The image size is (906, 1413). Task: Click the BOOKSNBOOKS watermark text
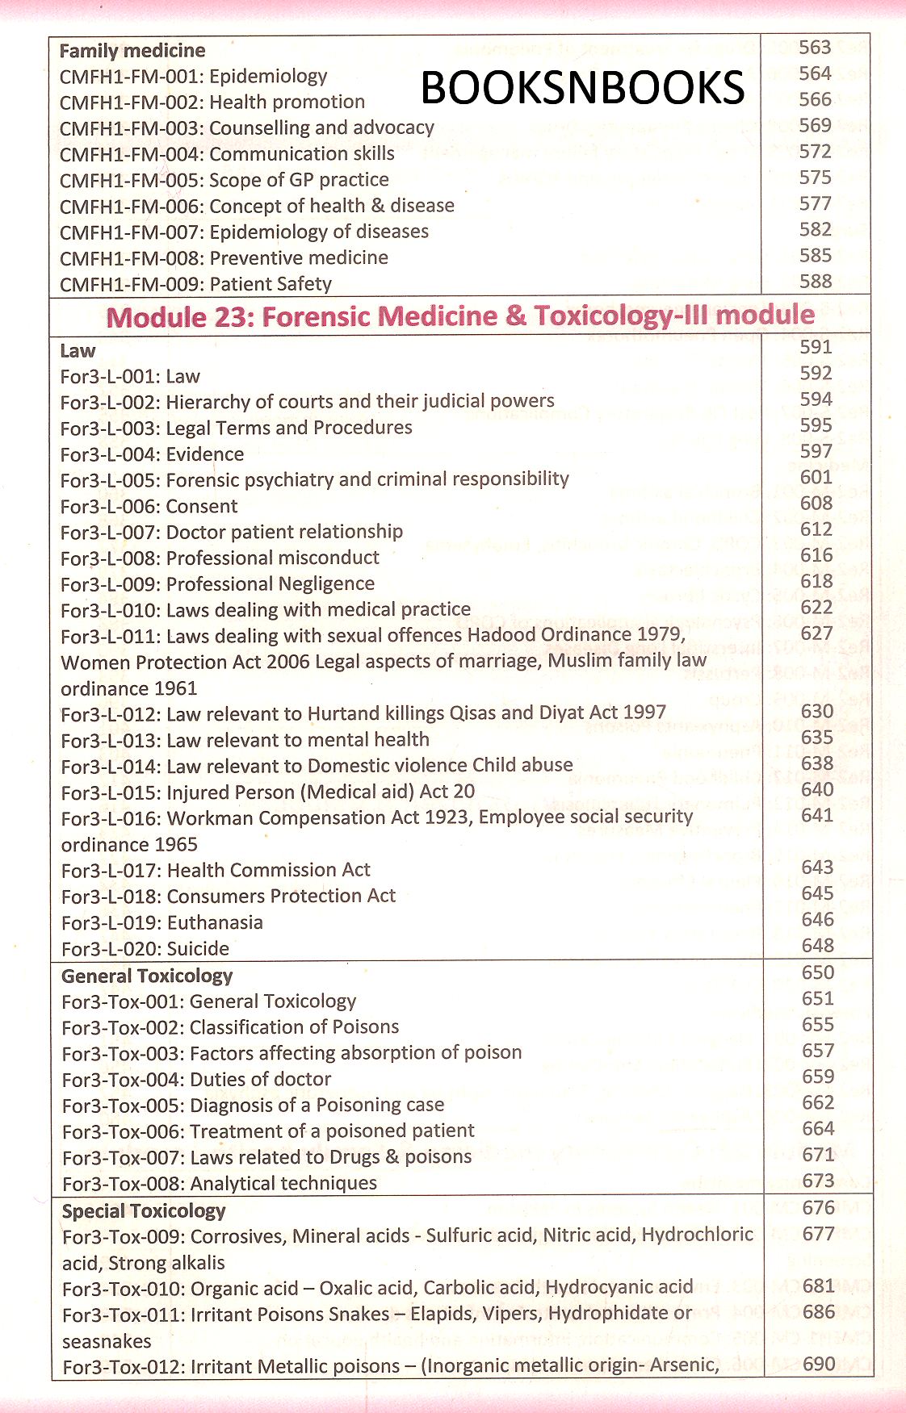click(582, 88)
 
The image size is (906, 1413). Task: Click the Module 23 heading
click(460, 316)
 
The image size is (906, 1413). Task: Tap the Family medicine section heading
click(132, 51)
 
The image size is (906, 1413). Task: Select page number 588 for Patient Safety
click(816, 282)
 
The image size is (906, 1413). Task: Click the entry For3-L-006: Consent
click(149, 506)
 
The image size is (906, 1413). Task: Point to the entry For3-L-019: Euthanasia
click(162, 922)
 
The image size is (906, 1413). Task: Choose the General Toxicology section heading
click(147, 976)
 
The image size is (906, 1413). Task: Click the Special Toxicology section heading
click(144, 1210)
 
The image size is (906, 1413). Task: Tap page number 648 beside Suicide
click(817, 945)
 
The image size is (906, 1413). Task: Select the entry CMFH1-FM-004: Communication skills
click(227, 153)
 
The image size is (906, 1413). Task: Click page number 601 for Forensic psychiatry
click(816, 477)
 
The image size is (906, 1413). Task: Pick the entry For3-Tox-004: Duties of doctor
click(196, 1079)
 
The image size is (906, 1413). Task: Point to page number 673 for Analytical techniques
click(818, 1181)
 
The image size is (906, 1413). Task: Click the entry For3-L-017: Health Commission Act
click(216, 870)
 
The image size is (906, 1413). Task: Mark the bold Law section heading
click(78, 351)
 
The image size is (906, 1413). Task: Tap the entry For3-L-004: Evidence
click(152, 454)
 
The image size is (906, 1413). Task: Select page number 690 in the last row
click(819, 1364)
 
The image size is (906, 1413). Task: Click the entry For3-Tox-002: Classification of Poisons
click(230, 1026)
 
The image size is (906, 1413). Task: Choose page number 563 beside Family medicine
click(815, 48)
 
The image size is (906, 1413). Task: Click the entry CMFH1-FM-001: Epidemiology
click(194, 76)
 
